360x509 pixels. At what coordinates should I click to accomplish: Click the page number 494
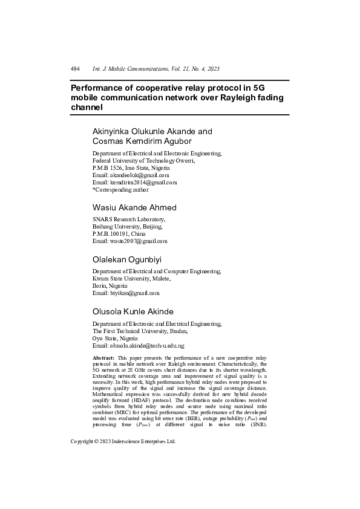click(x=75, y=70)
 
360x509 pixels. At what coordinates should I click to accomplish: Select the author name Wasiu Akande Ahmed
click(x=134, y=207)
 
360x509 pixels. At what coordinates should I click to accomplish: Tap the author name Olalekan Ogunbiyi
click(x=126, y=259)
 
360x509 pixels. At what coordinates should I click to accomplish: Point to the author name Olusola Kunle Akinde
click(x=133, y=311)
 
